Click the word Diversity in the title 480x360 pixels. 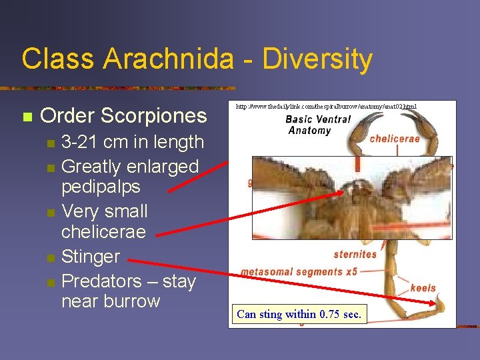[x=317, y=59]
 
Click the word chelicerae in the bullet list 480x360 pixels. [x=103, y=231]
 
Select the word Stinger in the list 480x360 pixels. [x=91, y=257]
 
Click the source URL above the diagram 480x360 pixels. [x=327, y=106]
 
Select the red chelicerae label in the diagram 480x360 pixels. [x=395, y=139]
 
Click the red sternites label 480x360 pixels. [x=355, y=254]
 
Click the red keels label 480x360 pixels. [x=423, y=288]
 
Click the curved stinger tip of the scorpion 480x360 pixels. [x=441, y=306]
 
